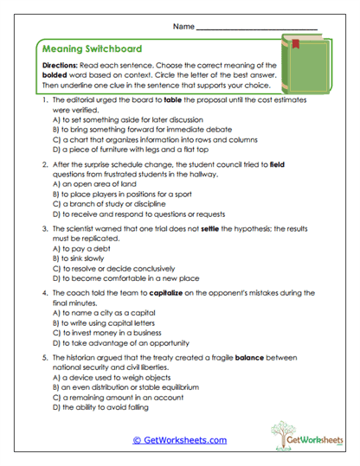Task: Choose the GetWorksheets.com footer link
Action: [x=179, y=440]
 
